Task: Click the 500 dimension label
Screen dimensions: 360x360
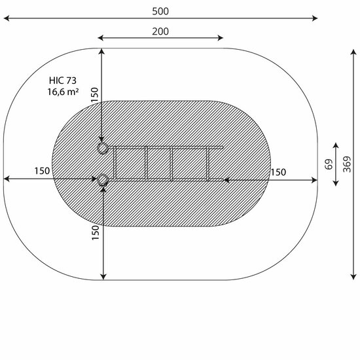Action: click(160, 11)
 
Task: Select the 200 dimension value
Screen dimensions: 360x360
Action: click(160, 31)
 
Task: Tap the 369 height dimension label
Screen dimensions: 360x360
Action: click(347, 164)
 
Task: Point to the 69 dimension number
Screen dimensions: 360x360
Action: click(329, 164)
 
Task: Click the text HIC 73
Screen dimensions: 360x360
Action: click(63, 81)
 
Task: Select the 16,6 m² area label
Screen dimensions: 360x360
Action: click(63, 92)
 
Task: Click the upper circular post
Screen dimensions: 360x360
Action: click(102, 148)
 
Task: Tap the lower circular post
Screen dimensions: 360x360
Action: click(103, 180)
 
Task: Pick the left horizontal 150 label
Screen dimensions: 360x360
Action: click(42, 171)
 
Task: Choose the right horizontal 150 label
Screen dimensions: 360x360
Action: click(278, 172)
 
